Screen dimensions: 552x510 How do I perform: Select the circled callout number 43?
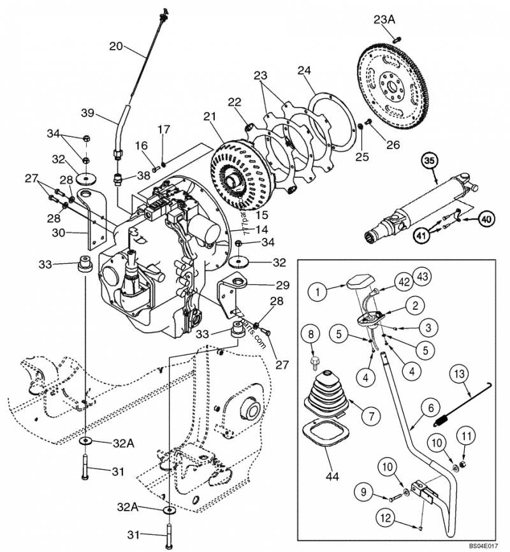pyautogui.click(x=421, y=276)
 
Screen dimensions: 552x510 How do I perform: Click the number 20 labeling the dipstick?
pyautogui.click(x=115, y=46)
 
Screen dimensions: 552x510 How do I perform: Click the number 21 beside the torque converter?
pyautogui.click(x=210, y=117)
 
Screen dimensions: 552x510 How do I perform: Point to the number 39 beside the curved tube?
pyautogui.click(x=87, y=113)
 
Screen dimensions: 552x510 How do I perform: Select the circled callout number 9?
pyautogui.click(x=363, y=492)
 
